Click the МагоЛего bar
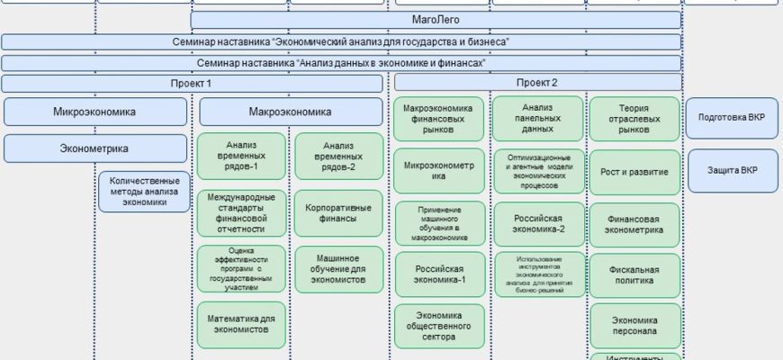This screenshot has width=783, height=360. (436, 20)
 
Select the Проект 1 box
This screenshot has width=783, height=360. (192, 84)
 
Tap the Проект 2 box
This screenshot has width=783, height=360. (536, 83)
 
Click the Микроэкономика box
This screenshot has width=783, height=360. (94, 112)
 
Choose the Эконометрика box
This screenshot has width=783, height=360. (94, 148)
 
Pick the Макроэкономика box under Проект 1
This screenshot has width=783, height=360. (290, 112)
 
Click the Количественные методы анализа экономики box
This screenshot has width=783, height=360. (144, 191)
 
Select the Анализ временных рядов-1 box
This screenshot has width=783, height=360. (242, 156)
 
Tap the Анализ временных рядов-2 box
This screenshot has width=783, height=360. (337, 156)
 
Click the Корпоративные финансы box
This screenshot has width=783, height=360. (337, 213)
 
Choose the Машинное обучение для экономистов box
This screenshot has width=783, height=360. (337, 268)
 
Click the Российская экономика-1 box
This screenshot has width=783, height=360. (439, 274)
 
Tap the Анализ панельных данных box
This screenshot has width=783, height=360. (538, 117)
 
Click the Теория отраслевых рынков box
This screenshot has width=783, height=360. (635, 119)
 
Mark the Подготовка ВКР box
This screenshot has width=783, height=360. (733, 118)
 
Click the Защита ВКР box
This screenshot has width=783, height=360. (733, 171)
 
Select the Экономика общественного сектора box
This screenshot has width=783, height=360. (439, 327)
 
